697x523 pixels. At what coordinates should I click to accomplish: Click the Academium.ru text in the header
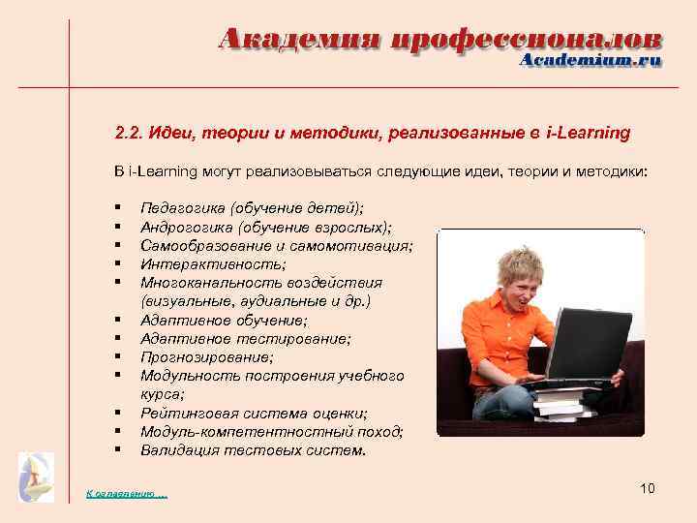click(591, 60)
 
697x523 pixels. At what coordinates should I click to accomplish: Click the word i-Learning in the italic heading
click(588, 133)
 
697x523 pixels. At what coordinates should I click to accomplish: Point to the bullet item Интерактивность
click(213, 263)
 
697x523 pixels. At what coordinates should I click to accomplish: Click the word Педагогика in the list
click(179, 208)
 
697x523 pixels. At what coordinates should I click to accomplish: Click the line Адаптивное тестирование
click(246, 338)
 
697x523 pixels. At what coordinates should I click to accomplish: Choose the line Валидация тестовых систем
click(253, 449)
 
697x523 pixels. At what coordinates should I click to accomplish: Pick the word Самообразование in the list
click(201, 245)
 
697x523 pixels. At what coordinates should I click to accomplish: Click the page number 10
click(648, 487)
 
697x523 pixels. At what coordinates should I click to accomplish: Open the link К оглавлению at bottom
click(126, 495)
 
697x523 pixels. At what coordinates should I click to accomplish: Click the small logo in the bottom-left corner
click(37, 477)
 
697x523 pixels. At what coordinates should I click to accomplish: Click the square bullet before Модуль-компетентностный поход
click(116, 431)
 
